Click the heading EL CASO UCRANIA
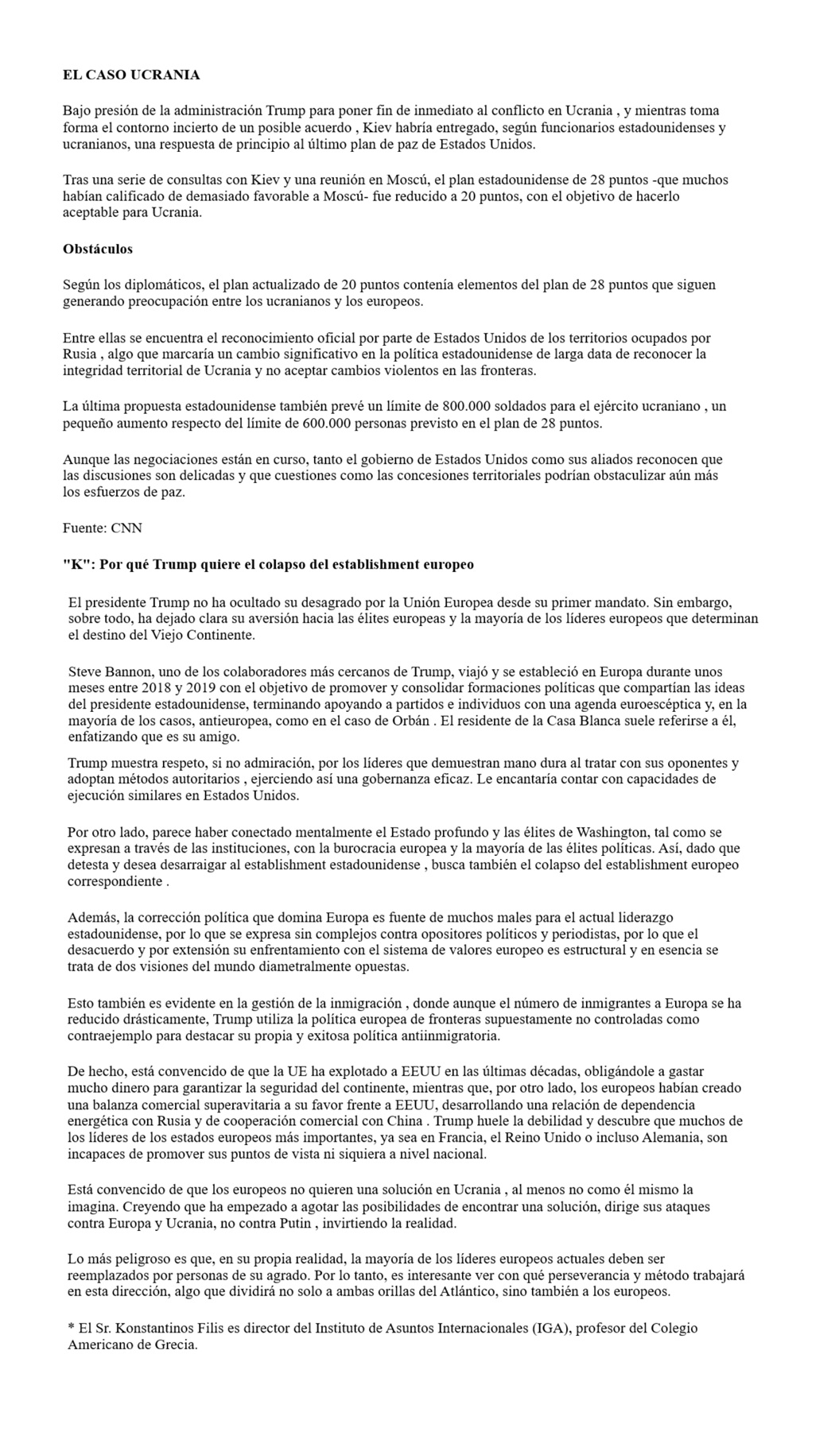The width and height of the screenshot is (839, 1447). (131, 75)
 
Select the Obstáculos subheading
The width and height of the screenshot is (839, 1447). (98, 250)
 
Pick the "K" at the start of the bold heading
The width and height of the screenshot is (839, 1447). (73, 565)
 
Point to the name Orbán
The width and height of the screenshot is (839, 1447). (410, 721)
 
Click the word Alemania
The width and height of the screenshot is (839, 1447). (663, 1138)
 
